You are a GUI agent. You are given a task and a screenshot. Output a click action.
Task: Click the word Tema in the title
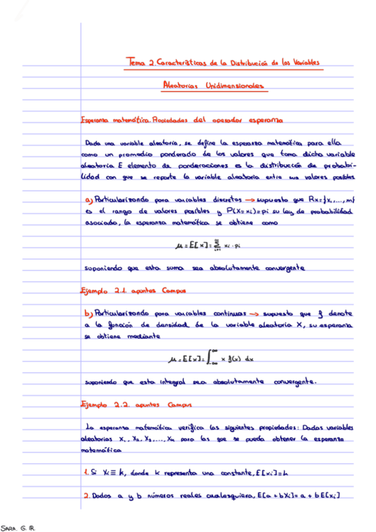[135, 62]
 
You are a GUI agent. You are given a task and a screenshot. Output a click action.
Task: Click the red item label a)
[87, 200]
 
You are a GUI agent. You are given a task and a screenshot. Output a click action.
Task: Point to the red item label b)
[87, 313]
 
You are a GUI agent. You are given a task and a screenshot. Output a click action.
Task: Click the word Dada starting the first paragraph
[95, 142]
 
